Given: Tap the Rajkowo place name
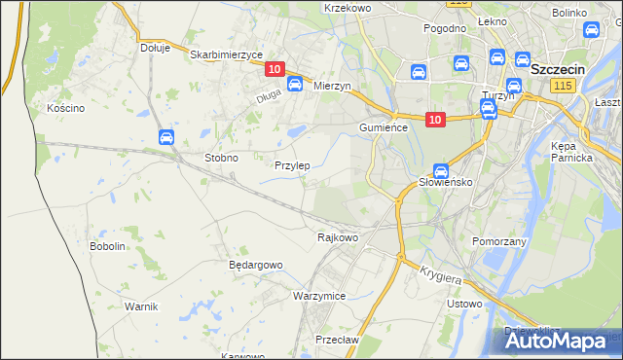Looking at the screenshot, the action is point(339,236).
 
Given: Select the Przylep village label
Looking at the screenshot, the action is point(292,165).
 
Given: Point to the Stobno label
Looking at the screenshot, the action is point(221,157).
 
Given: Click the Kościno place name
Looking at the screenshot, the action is point(66,108).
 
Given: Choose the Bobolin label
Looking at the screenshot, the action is point(108,246).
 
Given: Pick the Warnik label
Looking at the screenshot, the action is point(141,306).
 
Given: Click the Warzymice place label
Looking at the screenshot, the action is point(319,295).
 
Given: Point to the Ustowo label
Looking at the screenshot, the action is point(463,304).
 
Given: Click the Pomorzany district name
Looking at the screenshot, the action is point(499,240).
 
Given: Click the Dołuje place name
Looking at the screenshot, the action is point(155,47).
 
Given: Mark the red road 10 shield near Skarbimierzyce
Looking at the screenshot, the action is point(274,69).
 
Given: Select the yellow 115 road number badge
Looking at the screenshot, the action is point(561,87).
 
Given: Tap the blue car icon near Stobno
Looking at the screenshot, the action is point(166,138).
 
